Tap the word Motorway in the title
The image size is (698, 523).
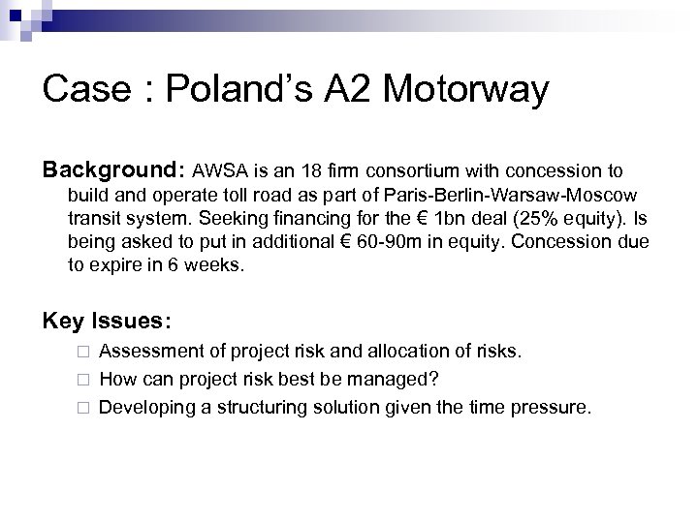coord(465,91)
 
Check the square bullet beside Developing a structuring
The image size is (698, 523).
coord(84,408)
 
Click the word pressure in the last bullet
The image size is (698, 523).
coord(552,408)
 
